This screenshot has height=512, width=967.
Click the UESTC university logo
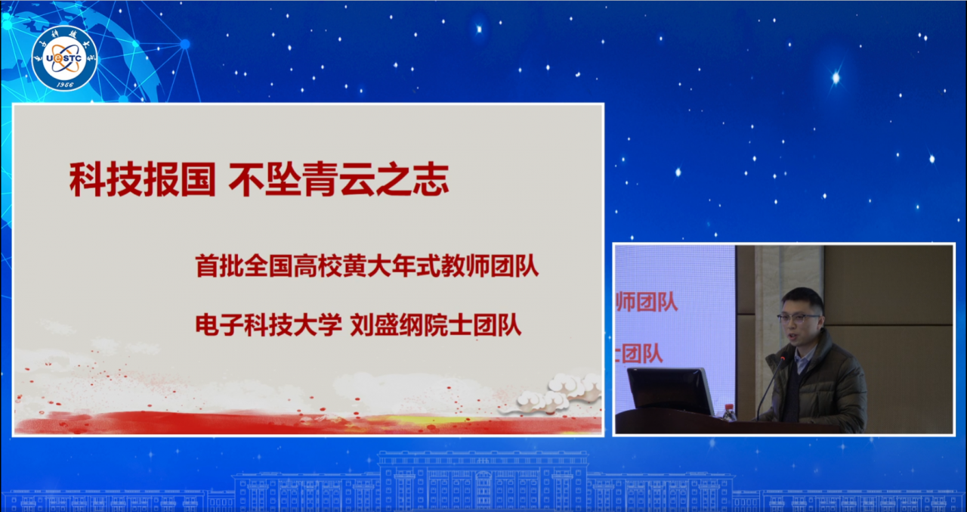[64, 57]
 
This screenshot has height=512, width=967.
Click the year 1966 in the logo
[64, 84]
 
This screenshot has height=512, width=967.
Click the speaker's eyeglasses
[798, 317]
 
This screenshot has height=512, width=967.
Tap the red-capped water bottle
[728, 412]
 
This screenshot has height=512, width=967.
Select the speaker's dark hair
[802, 297]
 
